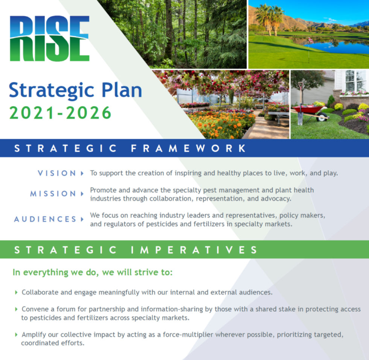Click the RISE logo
pyautogui.click(x=49, y=38)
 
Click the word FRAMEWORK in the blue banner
pyautogui.click(x=188, y=148)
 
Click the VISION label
pyautogui.click(x=57, y=173)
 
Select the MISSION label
pyautogui.click(x=53, y=194)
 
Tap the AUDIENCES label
pyautogui.click(x=45, y=219)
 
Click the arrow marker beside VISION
pyautogui.click(x=82, y=173)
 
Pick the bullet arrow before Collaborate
pyautogui.click(x=16, y=292)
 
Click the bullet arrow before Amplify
pyautogui.click(x=16, y=334)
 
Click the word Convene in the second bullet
pyautogui.click(x=35, y=309)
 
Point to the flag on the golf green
pyautogui.click(x=311, y=40)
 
